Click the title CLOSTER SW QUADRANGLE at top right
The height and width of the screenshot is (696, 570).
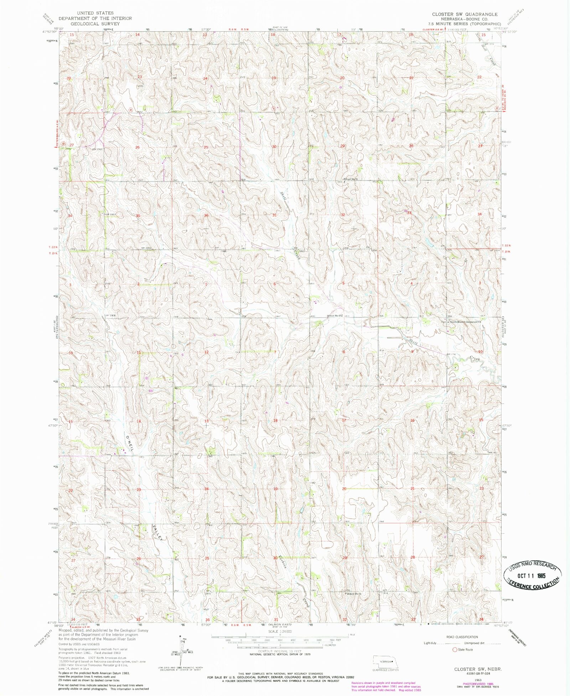tap(465, 14)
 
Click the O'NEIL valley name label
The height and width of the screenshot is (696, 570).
tap(129, 443)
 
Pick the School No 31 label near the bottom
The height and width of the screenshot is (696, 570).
tap(354, 594)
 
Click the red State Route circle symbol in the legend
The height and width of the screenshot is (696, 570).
tap(455, 649)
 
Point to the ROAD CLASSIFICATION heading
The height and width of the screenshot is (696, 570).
tap(462, 637)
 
